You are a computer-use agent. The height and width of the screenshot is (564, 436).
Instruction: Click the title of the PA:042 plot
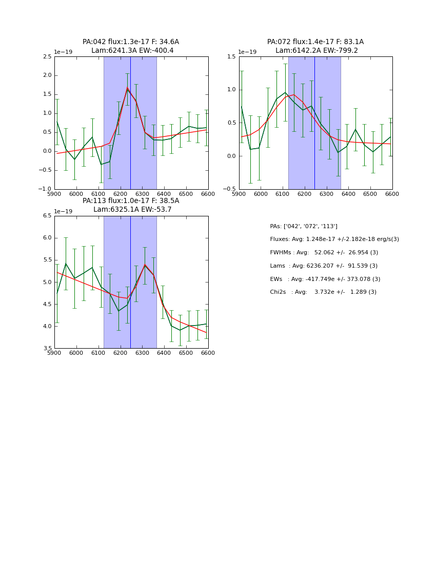[131, 46]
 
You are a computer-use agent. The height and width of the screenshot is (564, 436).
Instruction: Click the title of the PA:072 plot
[315, 46]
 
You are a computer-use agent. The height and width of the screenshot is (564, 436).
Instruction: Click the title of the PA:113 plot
[131, 205]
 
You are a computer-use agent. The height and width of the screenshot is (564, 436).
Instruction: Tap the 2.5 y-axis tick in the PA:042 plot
[47, 56]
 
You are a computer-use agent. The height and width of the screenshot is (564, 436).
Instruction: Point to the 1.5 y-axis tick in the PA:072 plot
[232, 56]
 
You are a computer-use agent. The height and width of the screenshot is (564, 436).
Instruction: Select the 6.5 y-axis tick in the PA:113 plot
[47, 216]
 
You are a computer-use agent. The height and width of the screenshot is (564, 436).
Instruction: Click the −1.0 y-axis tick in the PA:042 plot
[46, 189]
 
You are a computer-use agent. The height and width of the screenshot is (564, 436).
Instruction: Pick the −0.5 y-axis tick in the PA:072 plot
[230, 189]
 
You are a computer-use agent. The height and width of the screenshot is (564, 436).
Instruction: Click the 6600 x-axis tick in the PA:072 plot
[392, 194]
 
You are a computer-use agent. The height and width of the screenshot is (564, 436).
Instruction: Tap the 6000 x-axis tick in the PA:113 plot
[76, 353]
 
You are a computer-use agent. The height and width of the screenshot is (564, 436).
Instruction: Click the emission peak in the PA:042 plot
[127, 88]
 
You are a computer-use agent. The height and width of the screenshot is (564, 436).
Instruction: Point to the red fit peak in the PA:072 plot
[294, 94]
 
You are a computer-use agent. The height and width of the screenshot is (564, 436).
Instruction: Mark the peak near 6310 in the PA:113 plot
[145, 265]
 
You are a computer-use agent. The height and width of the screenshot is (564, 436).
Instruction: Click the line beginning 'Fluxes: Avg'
[334, 239]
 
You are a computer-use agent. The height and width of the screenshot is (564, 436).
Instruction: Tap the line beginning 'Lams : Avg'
[324, 266]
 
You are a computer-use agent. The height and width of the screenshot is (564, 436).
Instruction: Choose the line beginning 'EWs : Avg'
[325, 279]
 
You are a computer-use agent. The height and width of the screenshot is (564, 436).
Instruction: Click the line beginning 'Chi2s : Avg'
[323, 292]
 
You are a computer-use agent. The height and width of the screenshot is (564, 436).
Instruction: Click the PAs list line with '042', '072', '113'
[304, 226]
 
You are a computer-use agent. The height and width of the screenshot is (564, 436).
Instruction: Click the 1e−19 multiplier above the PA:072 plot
[248, 52]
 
